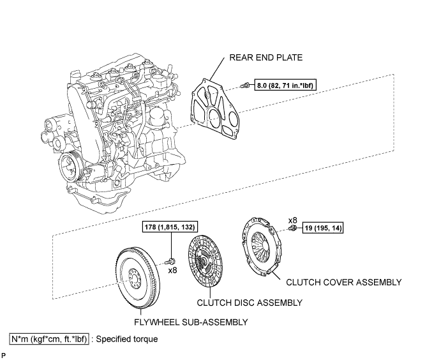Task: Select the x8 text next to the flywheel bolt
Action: coord(173,271)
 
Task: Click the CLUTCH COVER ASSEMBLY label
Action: coord(343,281)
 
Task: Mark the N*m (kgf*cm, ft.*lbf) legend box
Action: coord(49,339)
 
